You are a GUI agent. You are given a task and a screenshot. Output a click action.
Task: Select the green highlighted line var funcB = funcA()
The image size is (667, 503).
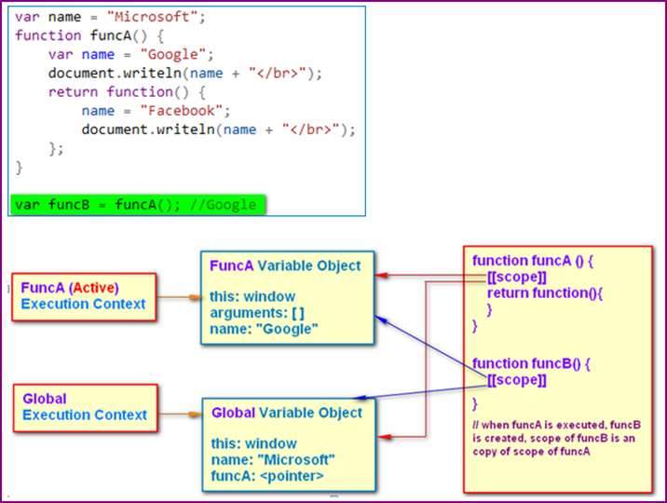click(x=137, y=204)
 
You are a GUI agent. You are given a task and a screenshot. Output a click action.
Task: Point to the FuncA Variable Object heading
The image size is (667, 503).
click(x=284, y=265)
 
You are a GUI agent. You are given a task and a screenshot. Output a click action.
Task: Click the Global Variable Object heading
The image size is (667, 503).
click(x=286, y=413)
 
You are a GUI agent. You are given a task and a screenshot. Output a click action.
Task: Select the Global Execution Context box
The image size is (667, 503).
click(x=84, y=406)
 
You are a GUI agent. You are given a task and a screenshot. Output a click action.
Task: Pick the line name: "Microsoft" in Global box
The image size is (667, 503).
click(x=272, y=460)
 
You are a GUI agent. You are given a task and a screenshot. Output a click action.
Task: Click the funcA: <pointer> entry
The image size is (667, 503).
click(x=267, y=477)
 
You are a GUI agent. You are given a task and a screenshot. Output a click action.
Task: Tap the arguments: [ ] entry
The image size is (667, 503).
click(x=257, y=312)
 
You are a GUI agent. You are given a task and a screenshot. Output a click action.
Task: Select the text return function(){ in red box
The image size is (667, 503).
click(x=551, y=293)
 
